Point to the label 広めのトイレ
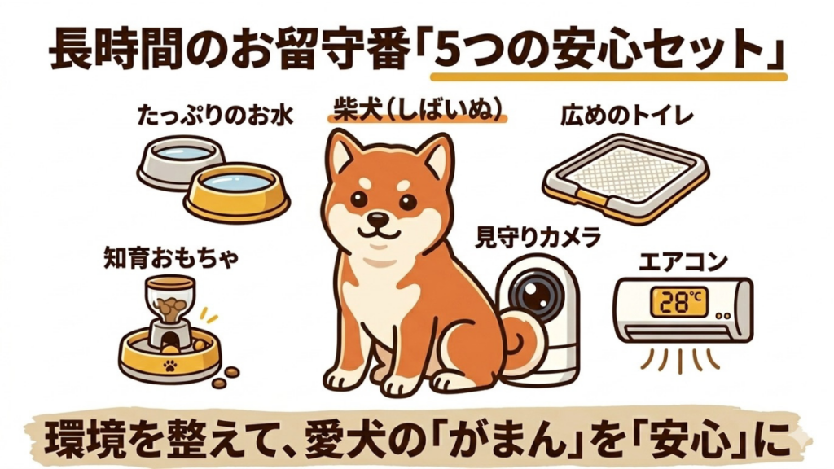[x=626, y=117]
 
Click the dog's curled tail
[x=521, y=343]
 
